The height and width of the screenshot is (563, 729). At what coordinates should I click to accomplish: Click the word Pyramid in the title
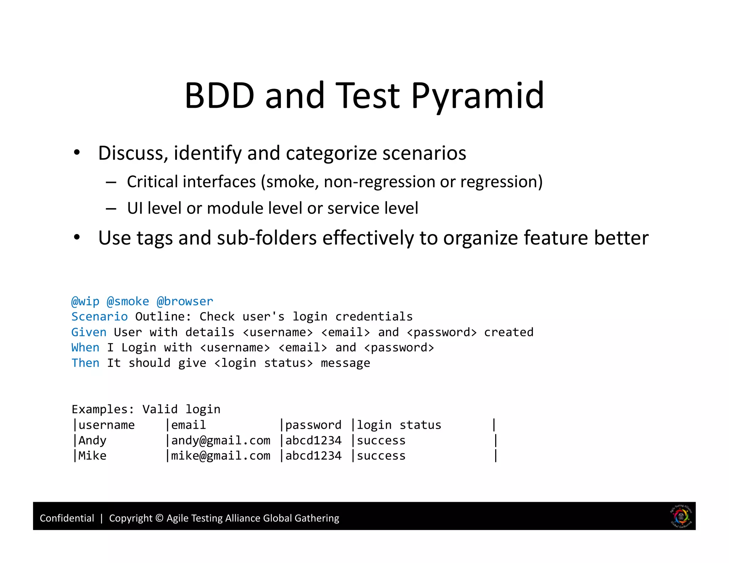coord(477,96)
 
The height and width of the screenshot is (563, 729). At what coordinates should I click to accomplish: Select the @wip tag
coord(85,301)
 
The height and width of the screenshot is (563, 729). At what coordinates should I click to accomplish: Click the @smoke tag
coord(128,301)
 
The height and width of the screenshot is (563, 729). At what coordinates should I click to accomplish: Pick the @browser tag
coord(185,301)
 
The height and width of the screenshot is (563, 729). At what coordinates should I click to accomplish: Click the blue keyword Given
coord(89,332)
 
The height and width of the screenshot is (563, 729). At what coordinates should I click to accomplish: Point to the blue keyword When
coord(85,347)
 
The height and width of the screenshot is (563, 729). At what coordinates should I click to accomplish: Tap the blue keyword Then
coord(85,363)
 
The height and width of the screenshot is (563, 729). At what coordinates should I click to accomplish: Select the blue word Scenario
coord(99,317)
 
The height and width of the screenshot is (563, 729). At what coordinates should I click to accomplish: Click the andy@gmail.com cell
coord(221,441)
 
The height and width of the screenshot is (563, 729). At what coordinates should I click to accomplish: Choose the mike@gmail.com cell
coord(221,456)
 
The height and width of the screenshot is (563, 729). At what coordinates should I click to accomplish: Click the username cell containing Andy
coord(92,441)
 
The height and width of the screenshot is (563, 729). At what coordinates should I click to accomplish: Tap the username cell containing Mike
coord(92,456)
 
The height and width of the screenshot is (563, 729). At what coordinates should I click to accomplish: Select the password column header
coord(313,425)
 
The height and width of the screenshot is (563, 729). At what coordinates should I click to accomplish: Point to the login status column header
coord(399,425)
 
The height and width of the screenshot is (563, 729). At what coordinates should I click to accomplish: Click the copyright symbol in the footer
coord(159,518)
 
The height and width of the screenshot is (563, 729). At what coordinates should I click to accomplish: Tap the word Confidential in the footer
coord(67,518)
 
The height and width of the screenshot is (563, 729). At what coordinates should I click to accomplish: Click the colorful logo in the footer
coord(681,516)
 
